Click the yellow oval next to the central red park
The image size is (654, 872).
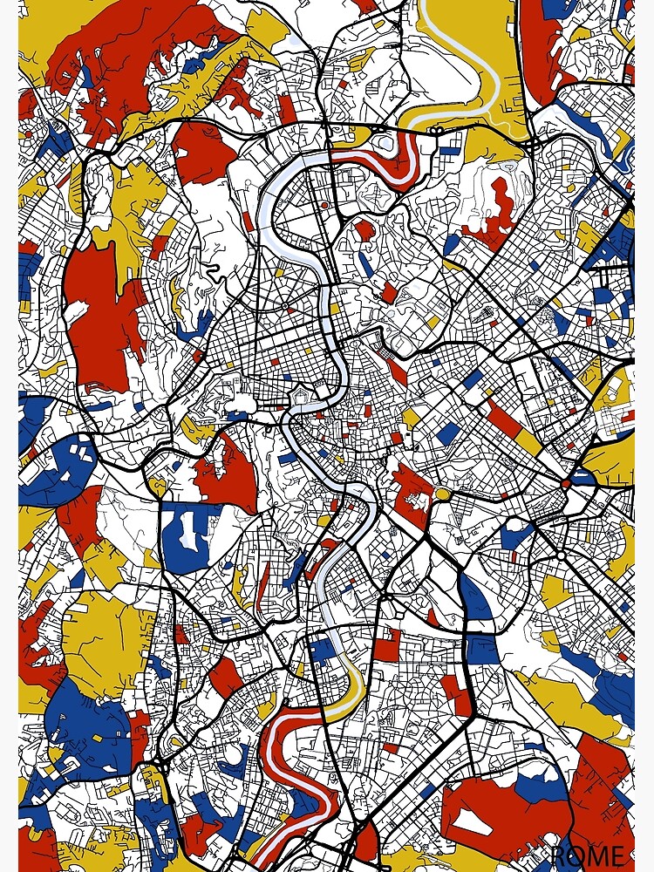[443, 494]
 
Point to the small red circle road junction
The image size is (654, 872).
[566, 483]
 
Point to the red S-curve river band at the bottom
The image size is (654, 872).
[296, 776]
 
